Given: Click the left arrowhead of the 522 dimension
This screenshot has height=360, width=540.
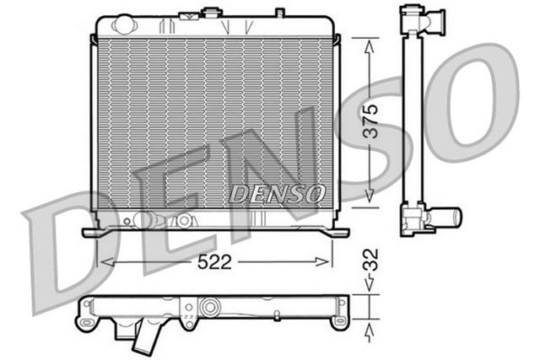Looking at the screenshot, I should click(104, 262).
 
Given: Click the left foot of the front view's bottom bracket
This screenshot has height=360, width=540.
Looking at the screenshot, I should click(91, 232).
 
